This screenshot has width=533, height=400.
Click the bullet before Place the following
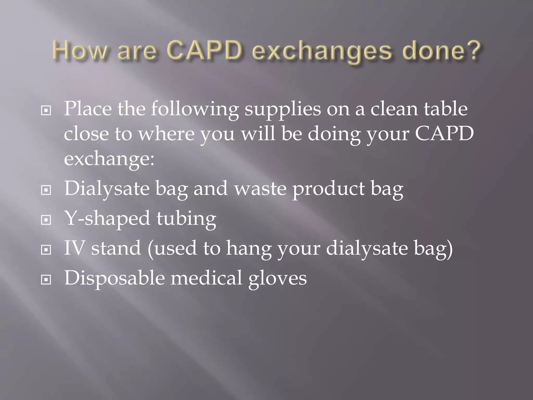pos(46,111)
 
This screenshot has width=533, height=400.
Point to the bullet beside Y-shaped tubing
pos(46,220)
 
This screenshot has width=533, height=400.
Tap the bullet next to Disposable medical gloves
pos(46,280)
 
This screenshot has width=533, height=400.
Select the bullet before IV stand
pos(46,250)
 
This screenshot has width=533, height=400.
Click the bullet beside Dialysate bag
pos(46,190)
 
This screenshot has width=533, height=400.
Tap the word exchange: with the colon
pos(109,159)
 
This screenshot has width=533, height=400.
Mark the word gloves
pos(277,279)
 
